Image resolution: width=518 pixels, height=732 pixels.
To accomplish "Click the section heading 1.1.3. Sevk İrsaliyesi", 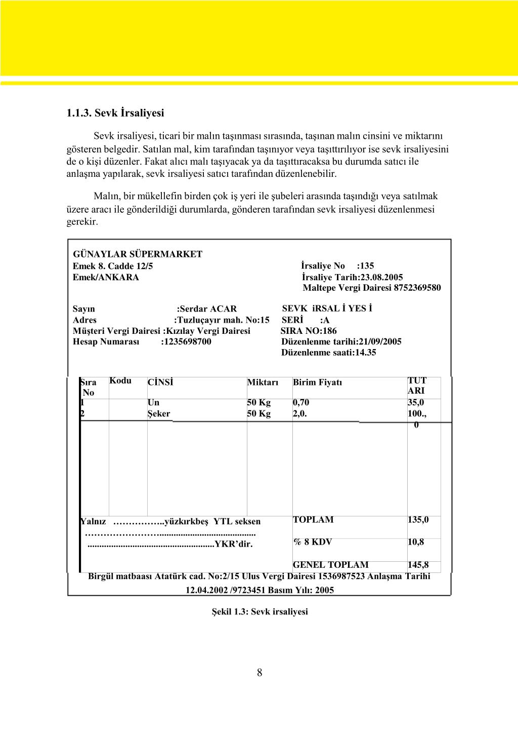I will pos(115,113).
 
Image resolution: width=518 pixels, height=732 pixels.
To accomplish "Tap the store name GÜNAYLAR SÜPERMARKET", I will pos(138,254).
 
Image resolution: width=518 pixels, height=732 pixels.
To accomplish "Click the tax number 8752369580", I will pos(417,288).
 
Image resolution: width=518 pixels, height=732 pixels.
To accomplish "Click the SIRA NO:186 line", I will pos(309,331).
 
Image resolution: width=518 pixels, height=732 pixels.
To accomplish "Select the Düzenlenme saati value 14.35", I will pos(366,353).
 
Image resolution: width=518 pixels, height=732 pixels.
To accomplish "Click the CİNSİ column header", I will pos(160,382).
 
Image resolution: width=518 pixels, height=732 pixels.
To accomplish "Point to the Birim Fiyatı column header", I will pos(317,382).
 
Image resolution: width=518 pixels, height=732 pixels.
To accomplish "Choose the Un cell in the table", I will pos(153,403).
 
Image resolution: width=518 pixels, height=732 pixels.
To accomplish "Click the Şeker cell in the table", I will pos(159,414).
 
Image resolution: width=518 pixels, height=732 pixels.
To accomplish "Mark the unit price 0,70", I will pos(301,403).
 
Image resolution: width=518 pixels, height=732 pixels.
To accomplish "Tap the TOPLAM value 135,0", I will pos(418,520).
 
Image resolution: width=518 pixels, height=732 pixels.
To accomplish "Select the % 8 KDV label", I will pos(313,542).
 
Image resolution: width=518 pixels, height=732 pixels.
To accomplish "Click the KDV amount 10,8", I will pos(416,542).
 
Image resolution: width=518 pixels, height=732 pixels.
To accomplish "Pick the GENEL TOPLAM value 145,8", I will pos(418,565).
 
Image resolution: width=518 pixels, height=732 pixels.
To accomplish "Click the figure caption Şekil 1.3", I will pos(260,611).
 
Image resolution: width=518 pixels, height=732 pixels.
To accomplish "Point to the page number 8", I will pos(260,673).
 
